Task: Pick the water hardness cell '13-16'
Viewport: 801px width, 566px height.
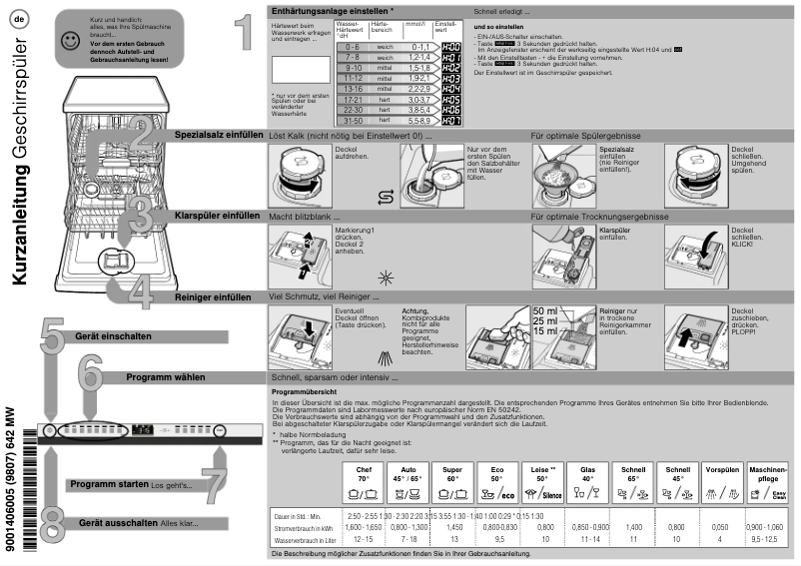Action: [351, 87]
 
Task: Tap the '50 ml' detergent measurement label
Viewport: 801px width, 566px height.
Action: [546, 311]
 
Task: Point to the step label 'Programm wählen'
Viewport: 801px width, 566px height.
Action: [166, 377]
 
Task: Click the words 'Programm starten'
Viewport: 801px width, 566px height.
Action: [109, 484]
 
